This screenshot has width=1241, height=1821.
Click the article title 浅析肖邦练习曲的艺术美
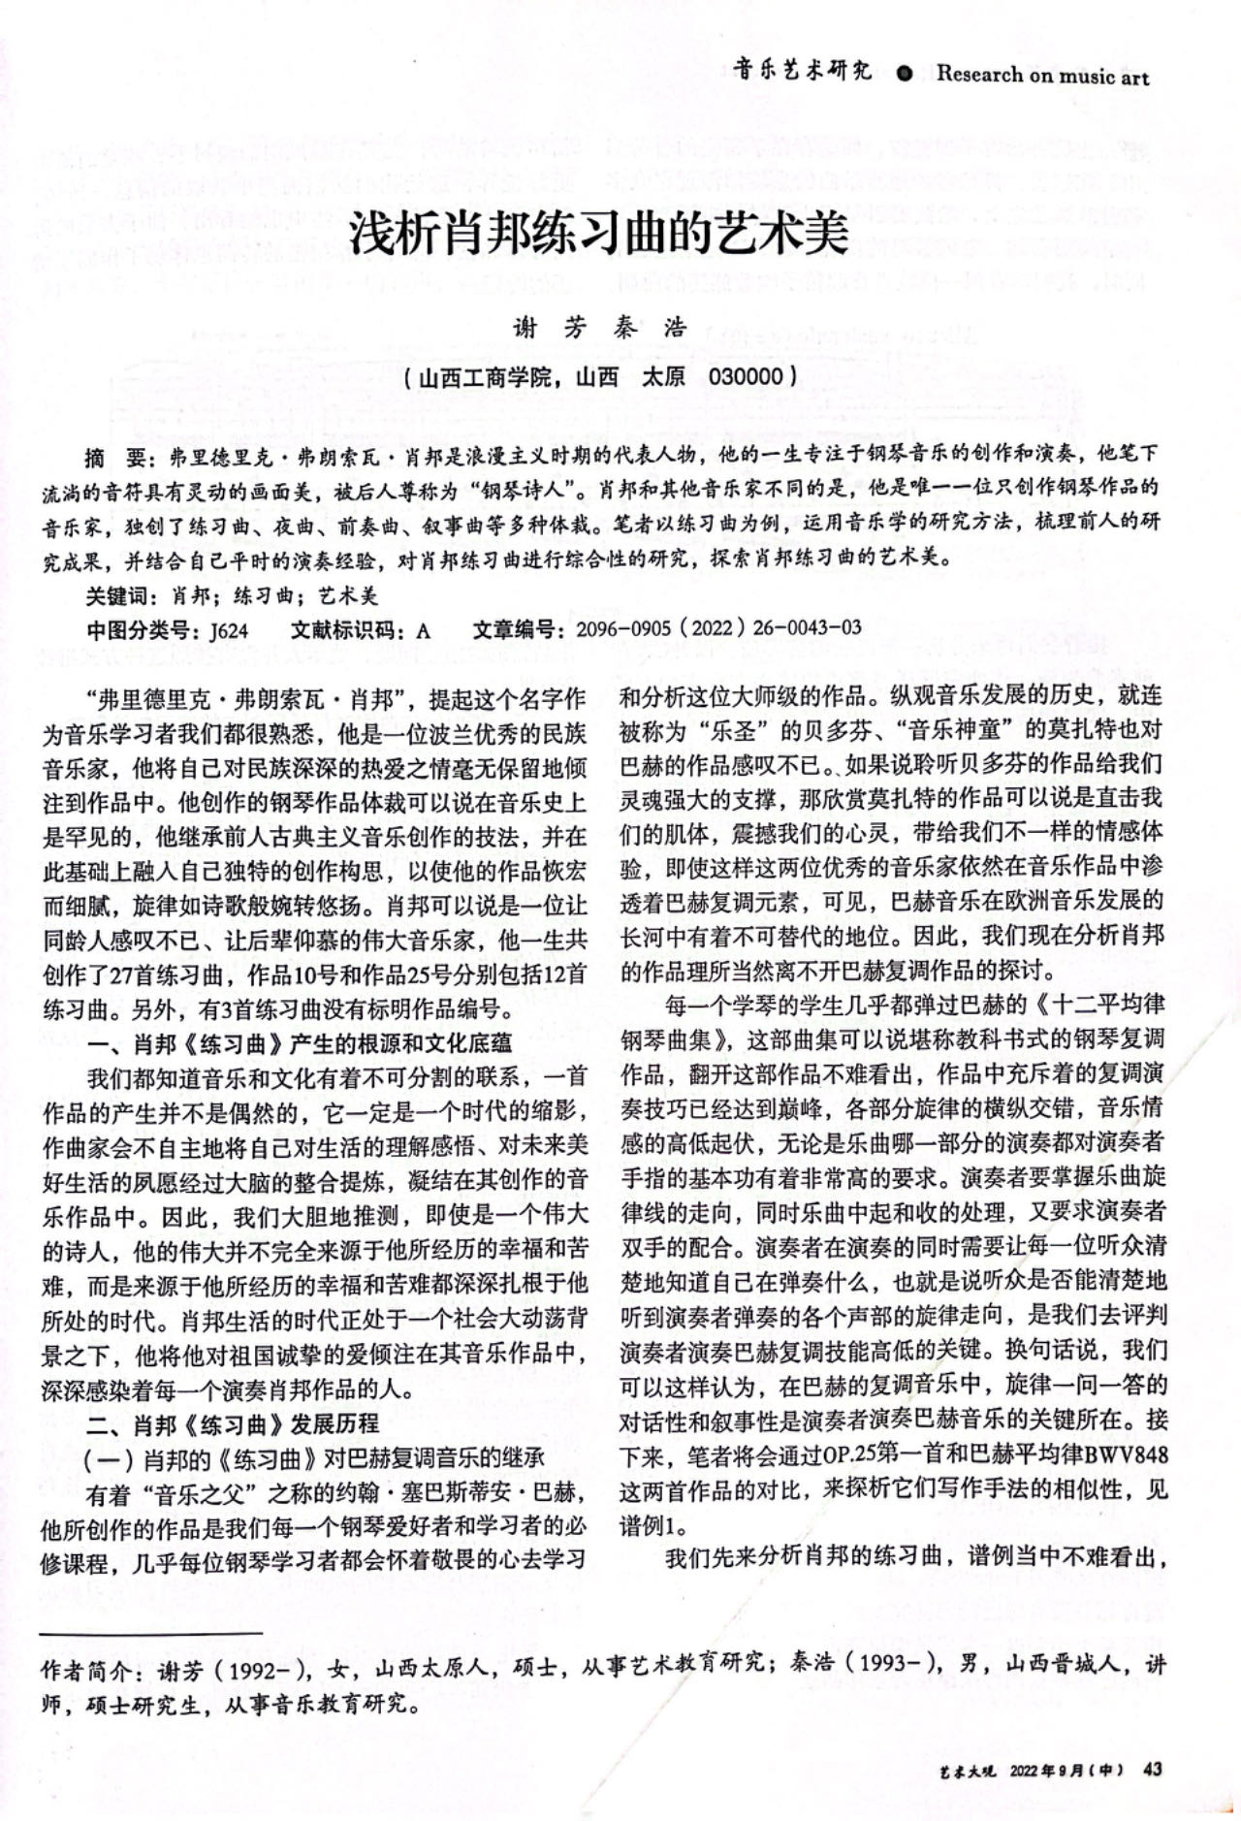(x=599, y=235)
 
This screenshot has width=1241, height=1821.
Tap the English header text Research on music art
(x=1042, y=75)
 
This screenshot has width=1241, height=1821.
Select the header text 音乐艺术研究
(x=802, y=71)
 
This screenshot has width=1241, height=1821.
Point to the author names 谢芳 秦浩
(x=600, y=328)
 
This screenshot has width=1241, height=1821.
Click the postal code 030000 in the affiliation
(x=746, y=375)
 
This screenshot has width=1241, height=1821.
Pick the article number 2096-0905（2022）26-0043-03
(x=718, y=629)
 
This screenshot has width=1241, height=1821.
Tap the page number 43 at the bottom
(x=1153, y=1769)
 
